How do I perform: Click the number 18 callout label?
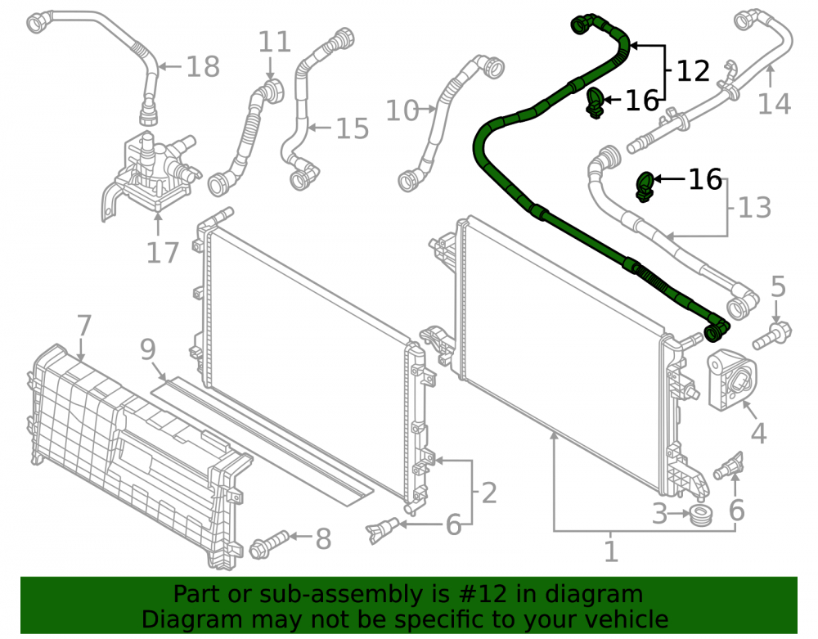203,67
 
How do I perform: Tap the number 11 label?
274,42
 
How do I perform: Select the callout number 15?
352,128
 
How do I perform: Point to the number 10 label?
402,110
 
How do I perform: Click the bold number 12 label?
694,71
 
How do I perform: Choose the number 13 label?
755,208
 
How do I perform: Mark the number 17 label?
163,253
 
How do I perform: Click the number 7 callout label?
84,326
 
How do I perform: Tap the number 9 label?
148,349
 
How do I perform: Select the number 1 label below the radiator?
611,551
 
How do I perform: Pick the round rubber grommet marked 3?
701,515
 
